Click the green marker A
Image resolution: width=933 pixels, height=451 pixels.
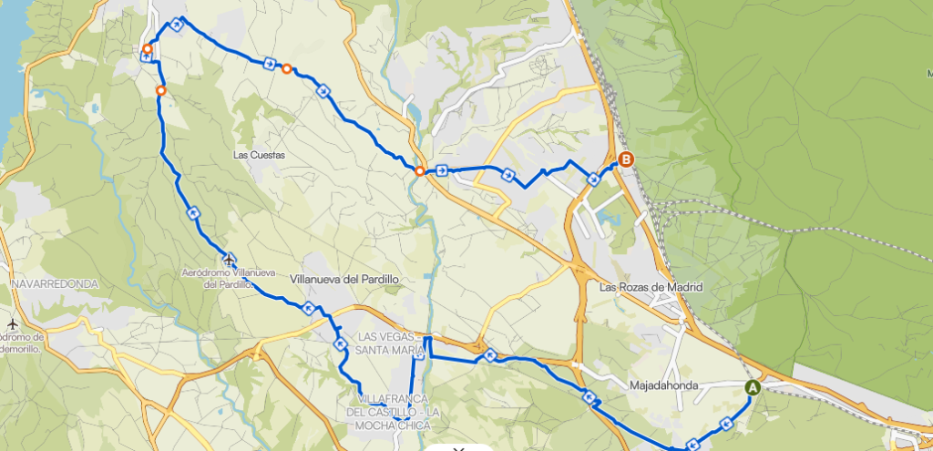click(753, 387)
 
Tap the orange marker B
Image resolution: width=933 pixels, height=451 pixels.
click(626, 160)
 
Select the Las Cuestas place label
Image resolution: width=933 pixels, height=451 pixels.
click(259, 155)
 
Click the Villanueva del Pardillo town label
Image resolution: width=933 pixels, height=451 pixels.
click(344, 279)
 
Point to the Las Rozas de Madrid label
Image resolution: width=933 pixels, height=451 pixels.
click(651, 287)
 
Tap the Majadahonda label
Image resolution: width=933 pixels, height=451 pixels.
click(663, 385)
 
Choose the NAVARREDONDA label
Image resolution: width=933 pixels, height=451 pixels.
click(55, 283)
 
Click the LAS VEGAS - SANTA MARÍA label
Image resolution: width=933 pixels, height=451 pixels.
click(391, 343)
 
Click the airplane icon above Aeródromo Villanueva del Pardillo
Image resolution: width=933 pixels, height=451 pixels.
click(229, 259)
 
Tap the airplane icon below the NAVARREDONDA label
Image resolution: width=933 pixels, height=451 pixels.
click(13, 323)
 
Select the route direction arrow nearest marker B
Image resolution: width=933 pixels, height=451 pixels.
click(594, 179)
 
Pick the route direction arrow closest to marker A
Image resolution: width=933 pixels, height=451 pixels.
click(726, 423)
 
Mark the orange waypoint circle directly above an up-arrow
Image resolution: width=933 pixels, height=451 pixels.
click(147, 49)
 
